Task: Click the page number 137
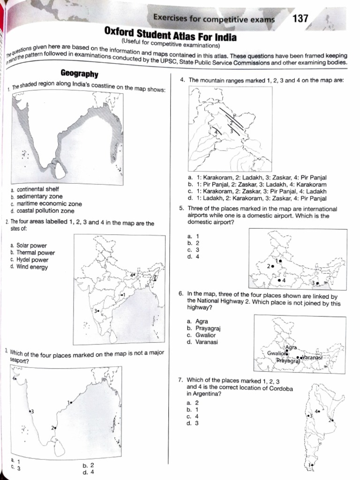(300, 19)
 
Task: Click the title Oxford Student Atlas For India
(170, 37)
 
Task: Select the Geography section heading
(79, 74)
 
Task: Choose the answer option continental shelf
(37, 189)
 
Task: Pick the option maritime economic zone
(49, 204)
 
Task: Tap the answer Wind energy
(32, 267)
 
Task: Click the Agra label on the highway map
(291, 347)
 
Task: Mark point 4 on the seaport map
(16, 378)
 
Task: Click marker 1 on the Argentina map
(310, 465)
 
